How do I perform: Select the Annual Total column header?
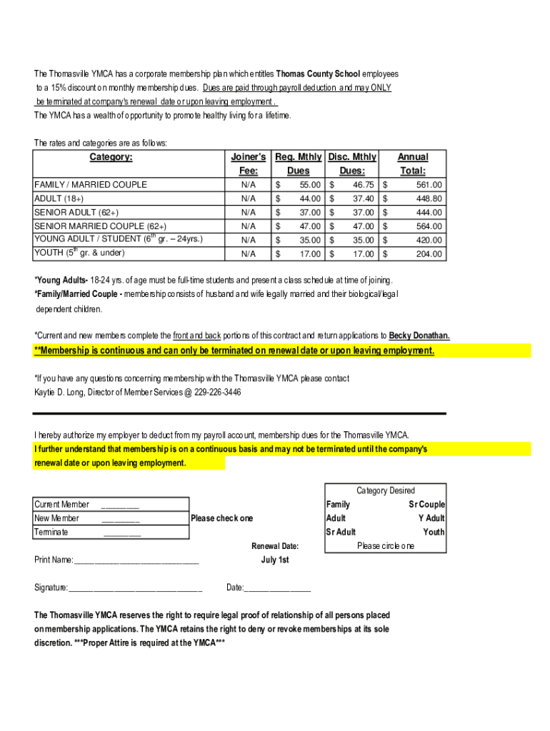coord(413,163)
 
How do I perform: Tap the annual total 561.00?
coord(429,185)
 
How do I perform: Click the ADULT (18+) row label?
coord(59,198)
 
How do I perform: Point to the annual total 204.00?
coord(429,254)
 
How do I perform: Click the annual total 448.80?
coord(429,198)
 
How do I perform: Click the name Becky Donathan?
coord(419,336)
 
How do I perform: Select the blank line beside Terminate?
coord(122,533)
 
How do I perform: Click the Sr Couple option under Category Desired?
coord(426,505)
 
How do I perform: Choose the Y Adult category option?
coord(431,518)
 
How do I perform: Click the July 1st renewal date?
coord(275,560)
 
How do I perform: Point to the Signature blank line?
coord(135,589)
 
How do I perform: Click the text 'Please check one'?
coord(221,518)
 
